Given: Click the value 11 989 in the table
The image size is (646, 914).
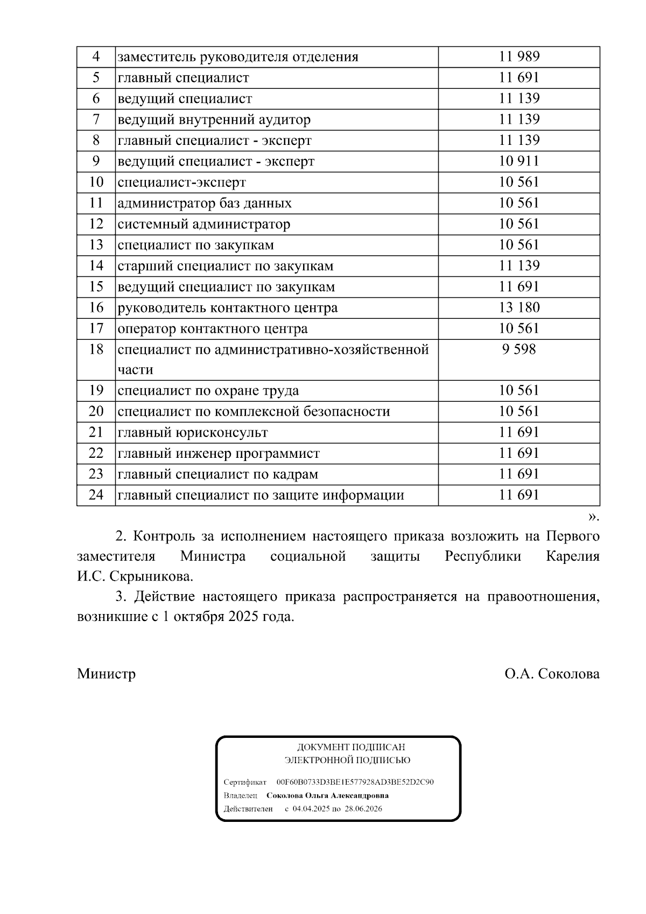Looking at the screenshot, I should pos(519,57).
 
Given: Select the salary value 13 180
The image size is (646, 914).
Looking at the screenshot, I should pos(519,308).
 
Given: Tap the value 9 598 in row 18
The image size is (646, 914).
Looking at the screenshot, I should pos(519,350).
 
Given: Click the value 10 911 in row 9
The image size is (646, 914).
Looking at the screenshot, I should pos(519,161).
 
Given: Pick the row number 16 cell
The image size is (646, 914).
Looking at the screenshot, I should pos(96,308).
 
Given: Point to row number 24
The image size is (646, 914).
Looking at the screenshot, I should pos(96,495).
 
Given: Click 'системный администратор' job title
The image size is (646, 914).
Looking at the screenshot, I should pos(204,224).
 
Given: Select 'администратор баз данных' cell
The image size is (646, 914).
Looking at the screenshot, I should pos(205,203).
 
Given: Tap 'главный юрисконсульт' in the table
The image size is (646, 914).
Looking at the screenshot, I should pos(193,432).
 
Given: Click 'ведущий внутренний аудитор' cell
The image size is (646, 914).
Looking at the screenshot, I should pos(214,120).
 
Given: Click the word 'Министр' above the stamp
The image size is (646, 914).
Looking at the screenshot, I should pos(106,674).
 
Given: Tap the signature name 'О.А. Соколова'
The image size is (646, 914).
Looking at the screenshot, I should pos(552,674).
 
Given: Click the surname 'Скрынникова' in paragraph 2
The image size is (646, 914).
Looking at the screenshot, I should pos(151,576).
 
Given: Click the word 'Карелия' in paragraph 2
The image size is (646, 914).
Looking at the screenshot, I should pos(572,556).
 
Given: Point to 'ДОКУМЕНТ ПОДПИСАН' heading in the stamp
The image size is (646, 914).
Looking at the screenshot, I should pos(351,748).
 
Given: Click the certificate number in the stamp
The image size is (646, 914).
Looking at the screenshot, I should pos(355,782).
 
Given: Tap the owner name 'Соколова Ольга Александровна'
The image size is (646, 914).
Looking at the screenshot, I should pos(327,796).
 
